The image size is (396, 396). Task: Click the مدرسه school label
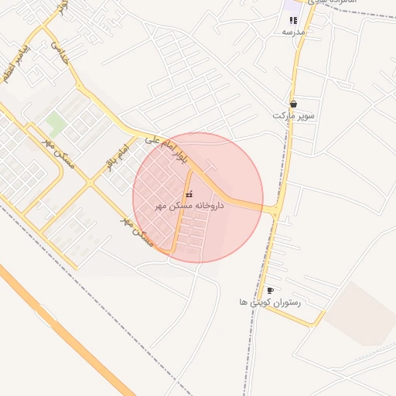point(294,32)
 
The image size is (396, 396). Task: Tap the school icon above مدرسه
point(293,20)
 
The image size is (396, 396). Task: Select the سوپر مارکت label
point(294,115)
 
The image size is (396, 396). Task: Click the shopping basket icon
point(294,103)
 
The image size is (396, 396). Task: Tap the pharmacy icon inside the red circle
point(190,193)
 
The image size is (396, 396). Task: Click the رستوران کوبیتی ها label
point(270,302)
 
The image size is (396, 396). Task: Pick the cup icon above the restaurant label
point(270,290)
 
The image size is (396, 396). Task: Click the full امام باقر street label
point(115,155)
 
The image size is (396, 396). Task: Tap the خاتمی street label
point(60,53)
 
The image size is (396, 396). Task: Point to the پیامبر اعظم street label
point(18,66)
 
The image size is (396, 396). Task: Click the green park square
point(55,121)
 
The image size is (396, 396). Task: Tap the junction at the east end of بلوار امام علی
point(276,209)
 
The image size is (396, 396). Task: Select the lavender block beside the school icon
point(292,5)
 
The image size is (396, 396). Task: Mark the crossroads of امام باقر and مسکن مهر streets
point(90,183)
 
